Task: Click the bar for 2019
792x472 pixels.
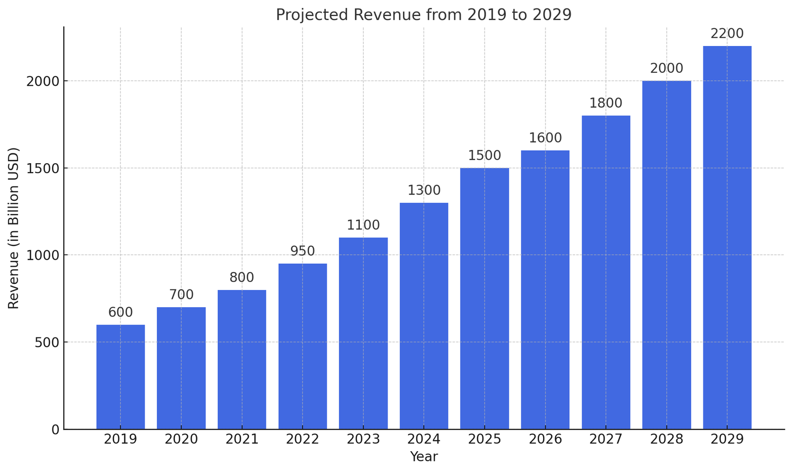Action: pos(120,377)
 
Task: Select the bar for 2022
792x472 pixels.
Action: pos(302,346)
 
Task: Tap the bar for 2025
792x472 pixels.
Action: pos(484,298)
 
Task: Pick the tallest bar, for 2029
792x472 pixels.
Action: pos(727,237)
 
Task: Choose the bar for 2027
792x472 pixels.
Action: pos(605,272)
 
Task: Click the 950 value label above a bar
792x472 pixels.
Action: pos(302,251)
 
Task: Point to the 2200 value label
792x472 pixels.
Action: pos(727,34)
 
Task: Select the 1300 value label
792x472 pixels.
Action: pos(424,190)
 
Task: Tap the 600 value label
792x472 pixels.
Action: pos(120,313)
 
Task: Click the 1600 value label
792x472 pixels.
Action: pos(545,138)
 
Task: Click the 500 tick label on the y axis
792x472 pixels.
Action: pos(48,342)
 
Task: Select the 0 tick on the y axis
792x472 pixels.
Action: pos(55,429)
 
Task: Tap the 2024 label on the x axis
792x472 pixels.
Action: pos(424,439)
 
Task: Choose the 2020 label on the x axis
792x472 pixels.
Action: pos(181,439)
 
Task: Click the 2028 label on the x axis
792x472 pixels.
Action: pos(666,439)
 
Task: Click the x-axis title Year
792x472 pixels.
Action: pos(424,457)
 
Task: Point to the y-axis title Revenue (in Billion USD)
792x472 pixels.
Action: pos(13,228)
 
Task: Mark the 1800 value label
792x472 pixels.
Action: pos(605,103)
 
